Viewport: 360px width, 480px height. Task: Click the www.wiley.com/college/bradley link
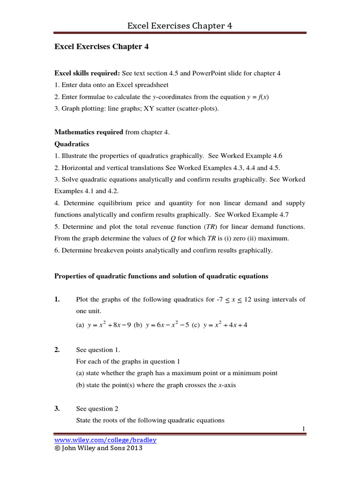point(105,440)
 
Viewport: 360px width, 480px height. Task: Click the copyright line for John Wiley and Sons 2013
point(98,448)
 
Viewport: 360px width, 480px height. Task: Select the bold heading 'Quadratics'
point(72,144)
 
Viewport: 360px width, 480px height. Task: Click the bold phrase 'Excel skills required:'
point(87,73)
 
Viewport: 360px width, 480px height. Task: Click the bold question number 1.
point(58,300)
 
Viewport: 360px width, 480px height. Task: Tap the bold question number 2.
point(58,350)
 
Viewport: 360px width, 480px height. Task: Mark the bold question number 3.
point(58,408)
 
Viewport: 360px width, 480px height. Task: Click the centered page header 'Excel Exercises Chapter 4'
point(180,25)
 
